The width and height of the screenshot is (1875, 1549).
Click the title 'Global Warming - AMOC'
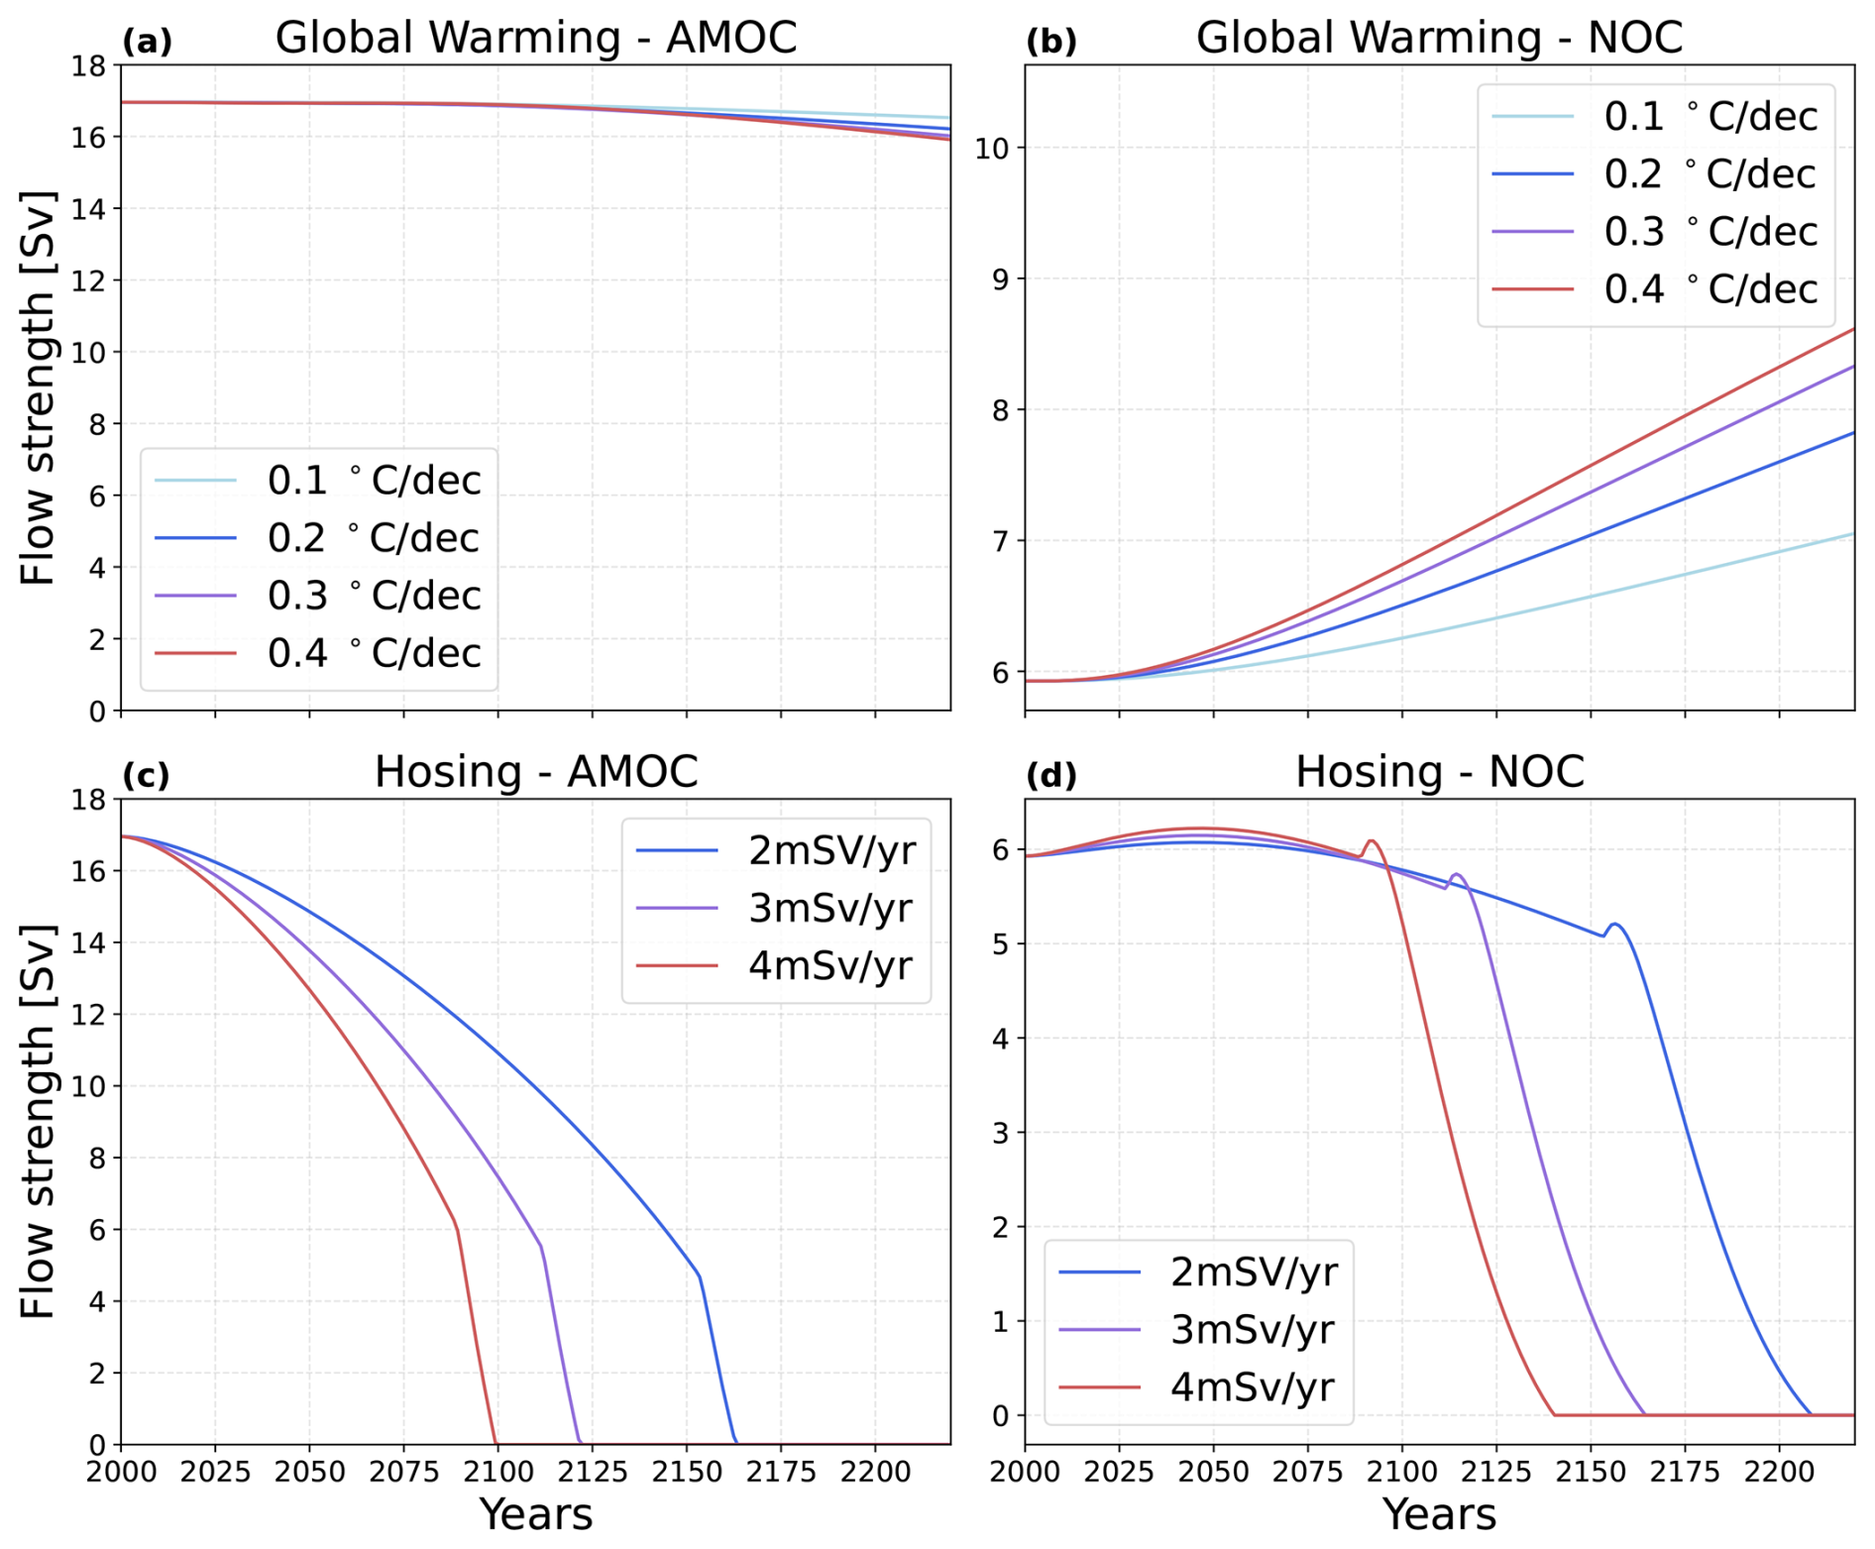(535, 38)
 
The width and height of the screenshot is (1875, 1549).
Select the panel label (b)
(1050, 42)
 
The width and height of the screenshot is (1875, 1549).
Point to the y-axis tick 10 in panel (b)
(992, 149)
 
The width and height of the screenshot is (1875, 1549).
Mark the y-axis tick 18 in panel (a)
(88, 66)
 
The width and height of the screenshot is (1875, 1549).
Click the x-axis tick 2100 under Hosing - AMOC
(497, 1472)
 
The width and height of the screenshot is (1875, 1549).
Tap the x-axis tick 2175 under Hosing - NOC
(1685, 1472)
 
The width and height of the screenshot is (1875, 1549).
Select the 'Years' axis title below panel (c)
(535, 1515)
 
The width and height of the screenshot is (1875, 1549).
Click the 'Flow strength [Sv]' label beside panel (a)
(38, 387)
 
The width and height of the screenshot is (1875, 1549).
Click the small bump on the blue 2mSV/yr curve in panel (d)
(1615, 925)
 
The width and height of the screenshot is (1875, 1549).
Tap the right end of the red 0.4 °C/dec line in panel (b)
(1853, 329)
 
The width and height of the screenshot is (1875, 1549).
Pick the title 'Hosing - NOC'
(1439, 772)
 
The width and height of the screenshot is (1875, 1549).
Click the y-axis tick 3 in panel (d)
(1001, 1133)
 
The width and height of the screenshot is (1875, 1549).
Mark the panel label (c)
(147, 775)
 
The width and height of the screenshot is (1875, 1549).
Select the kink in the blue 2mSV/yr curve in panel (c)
(700, 1276)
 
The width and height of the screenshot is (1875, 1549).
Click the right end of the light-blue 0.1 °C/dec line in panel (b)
(1853, 534)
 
